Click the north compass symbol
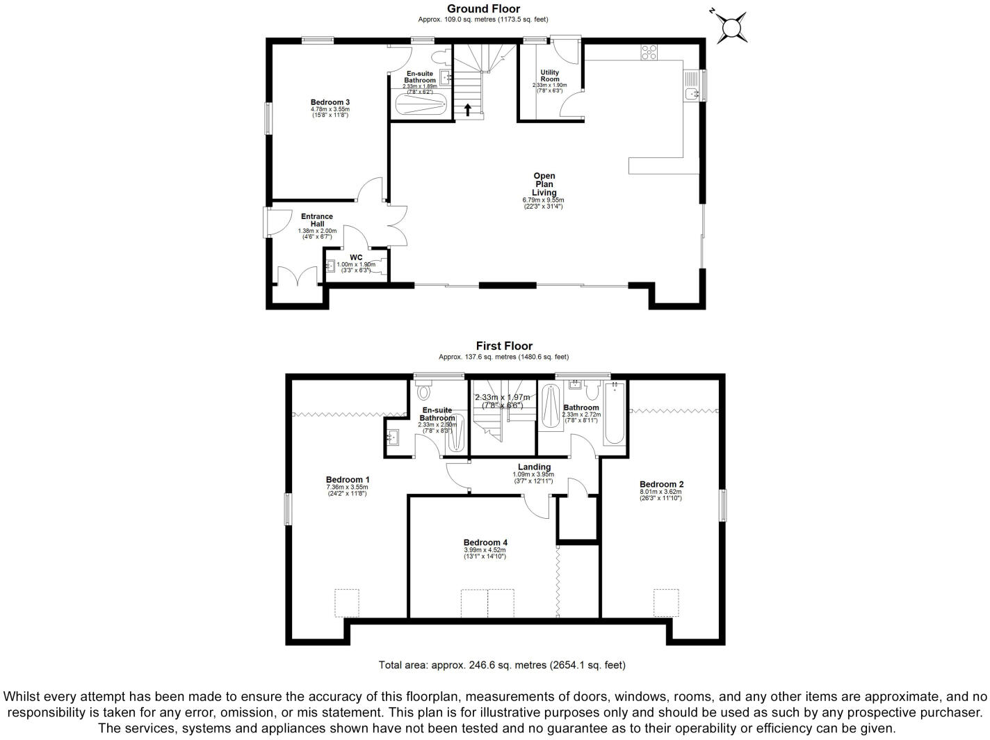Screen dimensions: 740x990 click(731, 27)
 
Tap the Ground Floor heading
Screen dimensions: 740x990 click(483, 9)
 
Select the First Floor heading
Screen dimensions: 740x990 click(504, 346)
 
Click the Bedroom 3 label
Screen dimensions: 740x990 click(330, 103)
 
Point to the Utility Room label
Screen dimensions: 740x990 click(549, 76)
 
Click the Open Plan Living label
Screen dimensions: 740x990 click(544, 184)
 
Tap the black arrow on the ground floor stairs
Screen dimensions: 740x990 click(468, 109)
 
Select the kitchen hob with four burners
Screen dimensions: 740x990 click(649, 52)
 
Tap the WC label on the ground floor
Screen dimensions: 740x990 click(356, 257)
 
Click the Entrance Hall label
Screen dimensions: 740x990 click(317, 220)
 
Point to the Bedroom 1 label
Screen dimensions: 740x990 click(348, 480)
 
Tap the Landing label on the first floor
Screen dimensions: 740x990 click(534, 467)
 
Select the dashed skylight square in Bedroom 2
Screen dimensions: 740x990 click(665, 602)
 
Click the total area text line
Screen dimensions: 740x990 click(501, 665)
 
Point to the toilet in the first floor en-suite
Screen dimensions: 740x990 click(423, 392)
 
